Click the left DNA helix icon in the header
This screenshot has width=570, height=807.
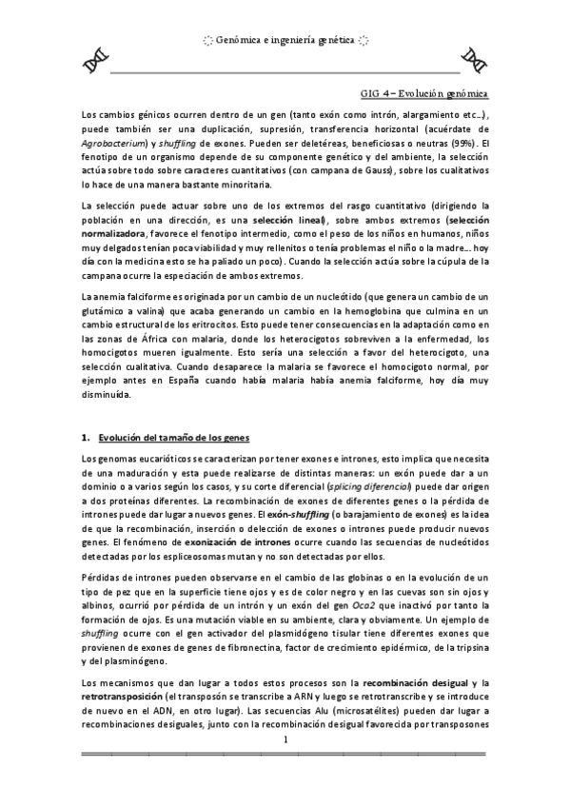pyautogui.click(x=94, y=60)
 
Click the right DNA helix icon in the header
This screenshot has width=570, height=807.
pyautogui.click(x=474, y=59)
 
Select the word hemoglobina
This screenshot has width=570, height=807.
pyautogui.click(x=359, y=313)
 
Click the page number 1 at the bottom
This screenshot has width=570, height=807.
pyautogui.click(x=285, y=739)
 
